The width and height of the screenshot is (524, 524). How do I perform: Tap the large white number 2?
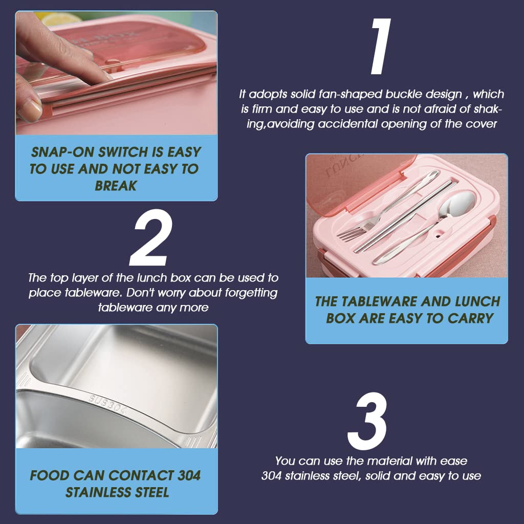click(x=151, y=237)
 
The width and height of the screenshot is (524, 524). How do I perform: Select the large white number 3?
click(x=367, y=421)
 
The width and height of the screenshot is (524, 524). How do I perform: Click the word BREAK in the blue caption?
click(x=116, y=186)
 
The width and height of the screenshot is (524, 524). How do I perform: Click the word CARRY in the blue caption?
click(x=471, y=318)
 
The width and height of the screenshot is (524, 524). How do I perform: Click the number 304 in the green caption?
click(x=189, y=475)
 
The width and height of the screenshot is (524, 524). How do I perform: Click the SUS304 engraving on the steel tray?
click(x=108, y=405)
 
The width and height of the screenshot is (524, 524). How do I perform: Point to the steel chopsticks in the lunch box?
click(x=403, y=216)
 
